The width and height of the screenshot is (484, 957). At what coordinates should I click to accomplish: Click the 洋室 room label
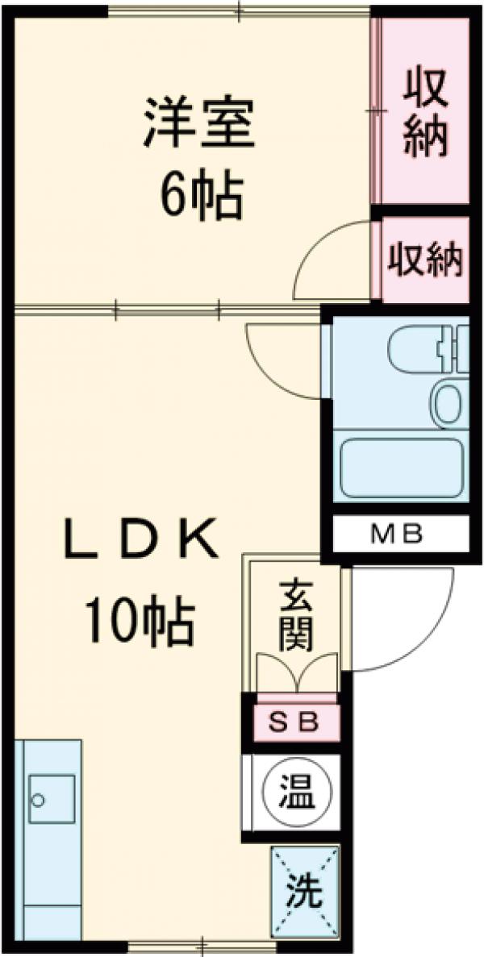tap(199, 123)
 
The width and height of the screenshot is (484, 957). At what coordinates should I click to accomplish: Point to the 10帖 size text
tap(140, 622)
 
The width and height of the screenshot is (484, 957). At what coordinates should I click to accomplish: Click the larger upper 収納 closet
tap(425, 112)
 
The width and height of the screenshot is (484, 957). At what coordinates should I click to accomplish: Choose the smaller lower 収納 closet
tap(425, 260)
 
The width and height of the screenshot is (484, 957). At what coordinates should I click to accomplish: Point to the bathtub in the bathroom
tap(401, 468)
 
